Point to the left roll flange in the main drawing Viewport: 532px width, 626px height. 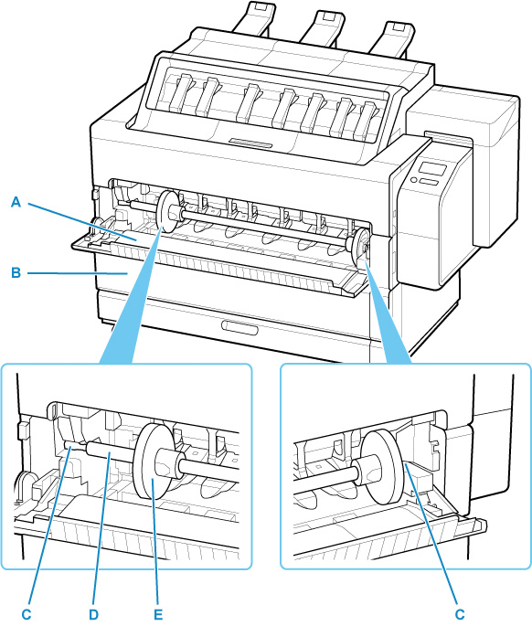[168, 213]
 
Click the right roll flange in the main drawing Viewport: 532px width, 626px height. [360, 247]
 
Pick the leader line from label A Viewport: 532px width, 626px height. [91, 219]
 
